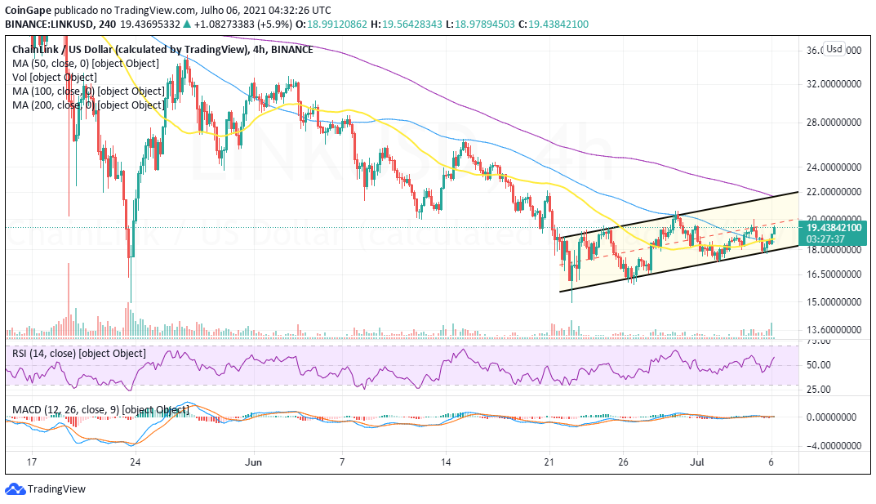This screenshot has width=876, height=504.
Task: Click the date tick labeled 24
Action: [136, 462]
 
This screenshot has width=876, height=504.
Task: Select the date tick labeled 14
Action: [447, 462]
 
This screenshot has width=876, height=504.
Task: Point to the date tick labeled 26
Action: [623, 462]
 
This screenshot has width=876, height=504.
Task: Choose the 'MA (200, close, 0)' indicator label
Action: [87, 105]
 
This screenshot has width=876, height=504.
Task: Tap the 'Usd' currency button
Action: [834, 49]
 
